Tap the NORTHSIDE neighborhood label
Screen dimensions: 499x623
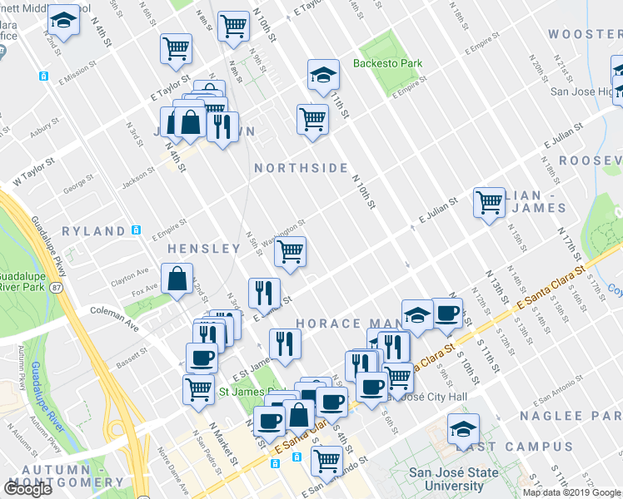click(x=301, y=168)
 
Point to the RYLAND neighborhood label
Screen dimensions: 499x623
click(x=92, y=230)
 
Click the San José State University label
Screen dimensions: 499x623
click(x=442, y=480)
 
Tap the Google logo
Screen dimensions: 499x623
click(x=27, y=489)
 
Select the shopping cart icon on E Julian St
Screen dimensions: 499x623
click(x=489, y=201)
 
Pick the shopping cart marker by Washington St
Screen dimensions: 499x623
click(x=289, y=250)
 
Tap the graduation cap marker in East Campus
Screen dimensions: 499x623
click(x=463, y=429)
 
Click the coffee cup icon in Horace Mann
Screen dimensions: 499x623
click(x=447, y=313)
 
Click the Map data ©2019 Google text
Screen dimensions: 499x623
click(x=571, y=492)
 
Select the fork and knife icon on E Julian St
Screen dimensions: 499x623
click(x=264, y=292)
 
